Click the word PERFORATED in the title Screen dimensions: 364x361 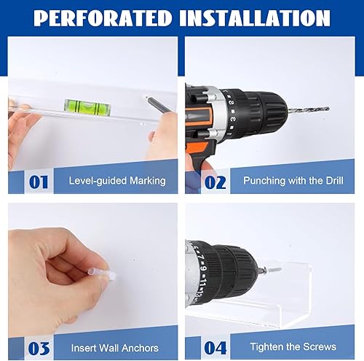tap(103, 18)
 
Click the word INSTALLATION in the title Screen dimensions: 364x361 tap(255, 18)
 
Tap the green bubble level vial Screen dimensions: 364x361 tap(87, 107)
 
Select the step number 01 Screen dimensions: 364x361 tap(39, 182)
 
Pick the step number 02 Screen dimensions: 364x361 tap(215, 182)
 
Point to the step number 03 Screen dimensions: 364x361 tap(39, 349)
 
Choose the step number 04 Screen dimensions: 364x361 tap(215, 348)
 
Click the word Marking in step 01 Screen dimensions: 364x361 tap(148, 182)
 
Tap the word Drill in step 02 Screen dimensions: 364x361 tap(334, 181)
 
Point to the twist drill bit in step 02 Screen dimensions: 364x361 tap(308, 109)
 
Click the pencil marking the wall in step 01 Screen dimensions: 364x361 tap(158, 105)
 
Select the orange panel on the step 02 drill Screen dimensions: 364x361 tap(197, 117)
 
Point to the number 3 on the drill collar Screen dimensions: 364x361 tap(232, 119)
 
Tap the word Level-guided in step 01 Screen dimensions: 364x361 tap(98, 182)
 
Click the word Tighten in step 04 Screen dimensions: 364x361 tap(266, 347)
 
